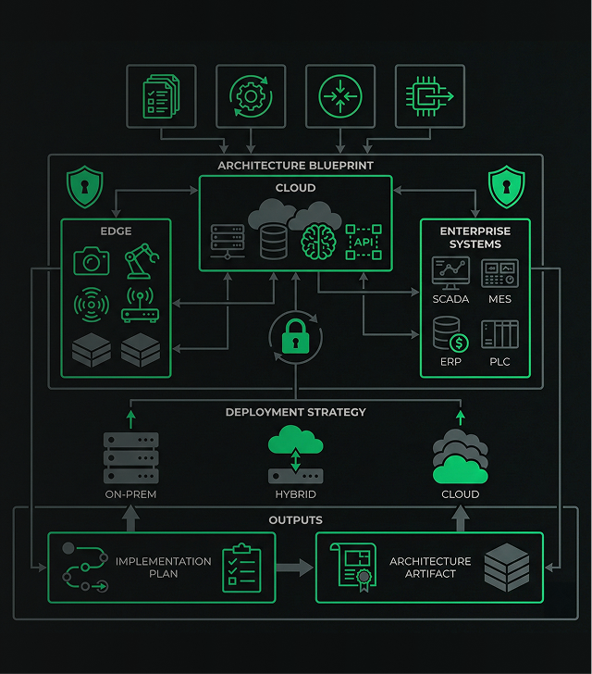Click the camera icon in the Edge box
pyautogui.click(x=92, y=262)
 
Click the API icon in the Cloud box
pyautogui.click(x=362, y=242)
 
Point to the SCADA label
pyautogui.click(x=450, y=300)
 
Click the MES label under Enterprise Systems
pyautogui.click(x=499, y=300)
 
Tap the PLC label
pyautogui.click(x=499, y=362)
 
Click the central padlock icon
pyautogui.click(x=295, y=339)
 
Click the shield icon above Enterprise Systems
pyautogui.click(x=506, y=187)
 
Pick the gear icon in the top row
pyautogui.click(x=251, y=96)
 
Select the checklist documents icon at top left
pyautogui.click(x=163, y=96)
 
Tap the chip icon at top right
pyautogui.click(x=429, y=96)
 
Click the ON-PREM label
pyautogui.click(x=130, y=494)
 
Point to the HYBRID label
pyautogui.click(x=295, y=494)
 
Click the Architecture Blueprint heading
pyautogui.click(x=295, y=166)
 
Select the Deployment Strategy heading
pyautogui.click(x=295, y=412)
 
